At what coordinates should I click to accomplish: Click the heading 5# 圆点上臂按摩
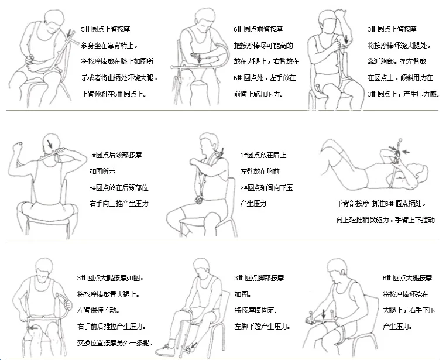[105, 29]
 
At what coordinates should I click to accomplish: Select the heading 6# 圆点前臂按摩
[258, 29]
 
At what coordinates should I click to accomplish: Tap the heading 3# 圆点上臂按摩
[392, 29]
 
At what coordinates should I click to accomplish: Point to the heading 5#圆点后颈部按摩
[115, 155]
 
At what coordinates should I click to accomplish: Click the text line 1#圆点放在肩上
[263, 155]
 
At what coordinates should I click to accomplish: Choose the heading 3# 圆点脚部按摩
[259, 278]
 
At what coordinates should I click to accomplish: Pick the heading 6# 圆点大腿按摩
[407, 278]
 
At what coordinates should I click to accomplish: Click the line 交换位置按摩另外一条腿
[115, 342]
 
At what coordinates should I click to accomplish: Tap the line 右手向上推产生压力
[119, 204]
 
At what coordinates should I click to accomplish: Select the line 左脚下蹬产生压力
[262, 327]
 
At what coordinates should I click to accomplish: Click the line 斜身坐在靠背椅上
[109, 46]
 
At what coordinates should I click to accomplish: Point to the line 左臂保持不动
[98, 310]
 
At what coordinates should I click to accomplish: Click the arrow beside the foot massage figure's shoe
[193, 345]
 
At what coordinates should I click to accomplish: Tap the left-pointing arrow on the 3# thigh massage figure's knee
[33, 328]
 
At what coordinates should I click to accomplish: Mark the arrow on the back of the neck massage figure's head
[50, 144]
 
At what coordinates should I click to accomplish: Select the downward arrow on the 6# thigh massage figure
[324, 314]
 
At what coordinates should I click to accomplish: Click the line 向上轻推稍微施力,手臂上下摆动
[385, 220]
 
